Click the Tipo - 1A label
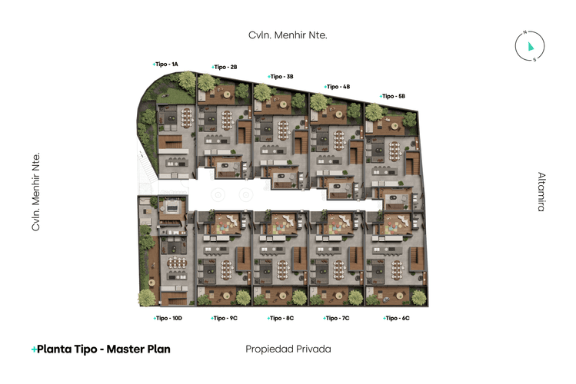click(166, 64)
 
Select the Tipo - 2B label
click(225, 68)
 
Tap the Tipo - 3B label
click(281, 77)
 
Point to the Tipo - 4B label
click(338, 87)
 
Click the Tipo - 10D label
click(168, 318)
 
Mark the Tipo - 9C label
click(225, 318)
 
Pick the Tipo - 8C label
click(281, 318)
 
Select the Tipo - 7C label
click(337, 318)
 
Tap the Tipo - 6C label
click(394, 318)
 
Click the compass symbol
click(530, 46)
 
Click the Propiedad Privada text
click(288, 349)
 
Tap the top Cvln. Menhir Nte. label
click(288, 35)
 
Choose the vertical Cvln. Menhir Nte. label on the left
click(35, 192)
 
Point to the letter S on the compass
click(535, 60)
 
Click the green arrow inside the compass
click(531, 46)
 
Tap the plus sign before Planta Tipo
click(34, 349)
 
